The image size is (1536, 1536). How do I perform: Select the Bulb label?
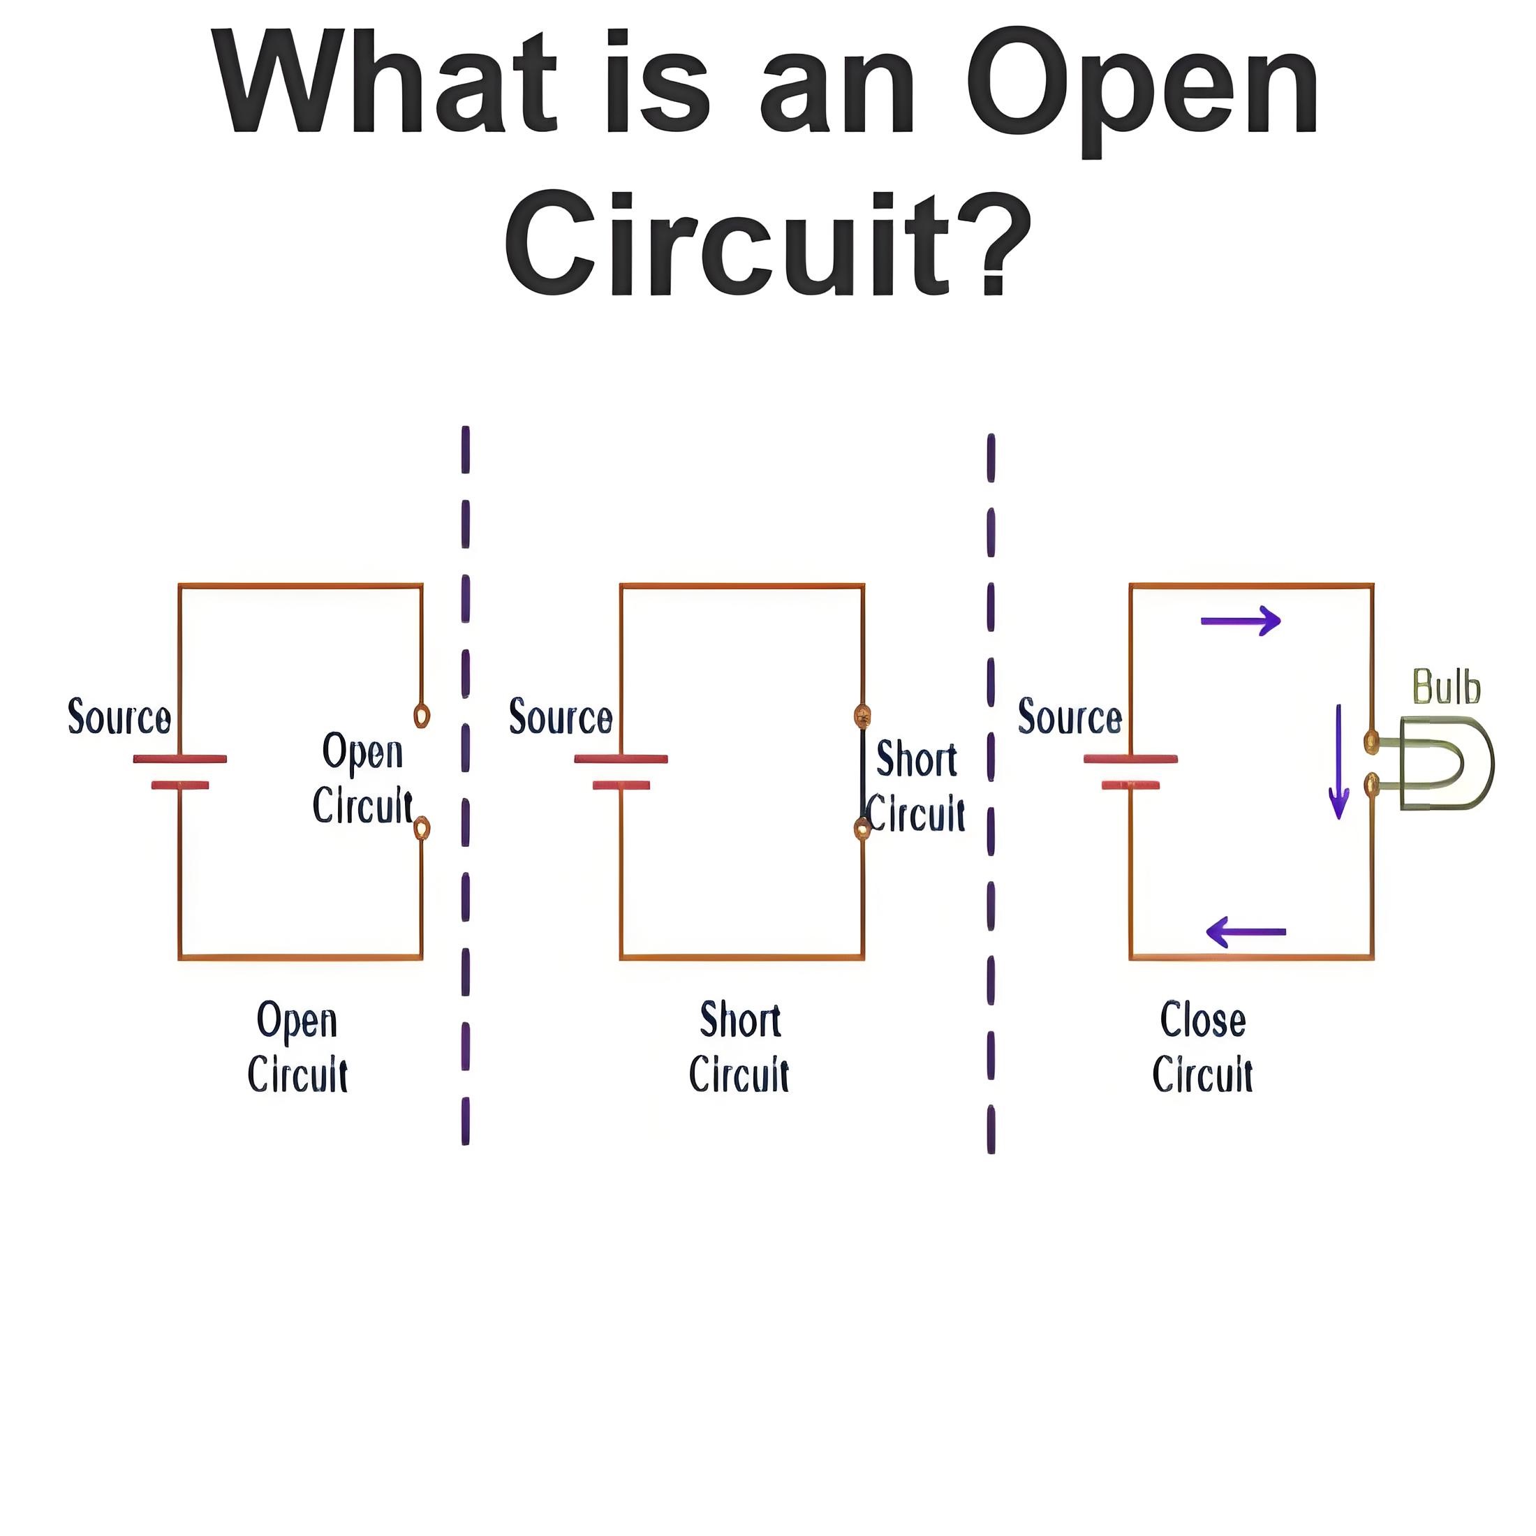pyautogui.click(x=1446, y=687)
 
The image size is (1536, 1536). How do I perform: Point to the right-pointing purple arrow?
pyautogui.click(x=1240, y=620)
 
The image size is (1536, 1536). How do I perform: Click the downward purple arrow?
pyautogui.click(x=1340, y=761)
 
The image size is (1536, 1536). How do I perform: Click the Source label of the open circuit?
pyautogui.click(x=119, y=716)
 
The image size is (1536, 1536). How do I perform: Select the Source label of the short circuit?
pyautogui.click(x=561, y=716)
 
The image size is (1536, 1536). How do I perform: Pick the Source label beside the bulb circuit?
pyautogui.click(x=1070, y=716)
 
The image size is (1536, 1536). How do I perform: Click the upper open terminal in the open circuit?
pyautogui.click(x=422, y=716)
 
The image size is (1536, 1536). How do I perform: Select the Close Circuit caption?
pyautogui.click(x=1203, y=1047)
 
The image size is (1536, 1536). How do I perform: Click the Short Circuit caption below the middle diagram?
pyautogui.click(x=739, y=1047)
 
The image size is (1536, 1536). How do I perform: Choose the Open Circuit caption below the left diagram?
pyautogui.click(x=297, y=1047)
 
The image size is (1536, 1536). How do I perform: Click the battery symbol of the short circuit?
pyautogui.click(x=621, y=772)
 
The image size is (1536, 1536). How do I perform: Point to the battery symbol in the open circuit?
pyautogui.click(x=179, y=772)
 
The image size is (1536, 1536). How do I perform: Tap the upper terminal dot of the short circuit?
pyautogui.click(x=862, y=716)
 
